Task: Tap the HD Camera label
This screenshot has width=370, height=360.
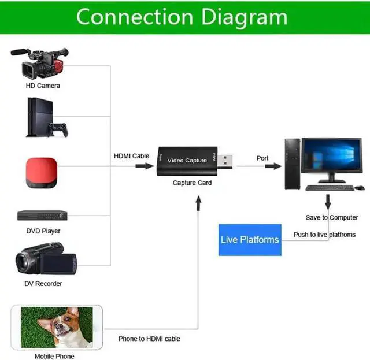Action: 43,86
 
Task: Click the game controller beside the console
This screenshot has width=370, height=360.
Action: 58,129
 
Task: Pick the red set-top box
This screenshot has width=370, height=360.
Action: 41,172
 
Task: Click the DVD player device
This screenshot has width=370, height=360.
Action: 42,216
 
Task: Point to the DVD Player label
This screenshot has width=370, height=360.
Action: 43,231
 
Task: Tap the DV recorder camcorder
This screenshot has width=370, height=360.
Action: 45,258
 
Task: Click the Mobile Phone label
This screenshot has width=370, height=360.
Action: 54,356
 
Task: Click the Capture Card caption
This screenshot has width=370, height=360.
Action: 192,183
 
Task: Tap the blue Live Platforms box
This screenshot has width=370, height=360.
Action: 250,240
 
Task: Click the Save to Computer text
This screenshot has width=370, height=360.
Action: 332,218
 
